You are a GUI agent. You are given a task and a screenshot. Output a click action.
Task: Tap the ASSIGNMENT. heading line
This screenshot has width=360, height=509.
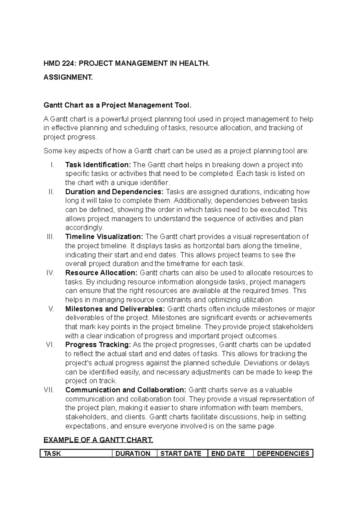coord(68,78)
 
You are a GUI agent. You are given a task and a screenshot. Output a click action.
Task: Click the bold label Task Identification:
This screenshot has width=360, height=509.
coord(98,165)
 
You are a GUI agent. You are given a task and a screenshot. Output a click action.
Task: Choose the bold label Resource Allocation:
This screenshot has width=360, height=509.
coord(101,273)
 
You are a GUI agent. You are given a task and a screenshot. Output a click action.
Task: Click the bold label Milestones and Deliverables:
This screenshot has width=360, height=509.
coord(115,309)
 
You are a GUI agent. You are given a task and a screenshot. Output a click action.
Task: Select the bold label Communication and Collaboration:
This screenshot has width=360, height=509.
coord(126,390)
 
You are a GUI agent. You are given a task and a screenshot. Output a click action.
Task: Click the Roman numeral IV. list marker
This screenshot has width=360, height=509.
coord(50,273)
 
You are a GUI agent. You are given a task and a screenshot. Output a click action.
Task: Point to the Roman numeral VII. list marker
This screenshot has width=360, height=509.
coord(49,390)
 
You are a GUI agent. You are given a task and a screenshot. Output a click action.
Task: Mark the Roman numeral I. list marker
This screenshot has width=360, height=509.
coord(53,165)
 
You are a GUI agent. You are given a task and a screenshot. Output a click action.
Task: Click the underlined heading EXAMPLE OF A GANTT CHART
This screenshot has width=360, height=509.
coord(98,440)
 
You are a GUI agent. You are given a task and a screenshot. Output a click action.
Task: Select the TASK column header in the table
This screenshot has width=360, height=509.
coord(52,454)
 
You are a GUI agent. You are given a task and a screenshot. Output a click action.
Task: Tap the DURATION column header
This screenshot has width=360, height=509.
coord(133,454)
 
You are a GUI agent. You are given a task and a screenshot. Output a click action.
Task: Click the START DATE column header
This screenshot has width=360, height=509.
coord(181,454)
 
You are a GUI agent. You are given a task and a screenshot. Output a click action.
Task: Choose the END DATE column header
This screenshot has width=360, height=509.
coord(228,454)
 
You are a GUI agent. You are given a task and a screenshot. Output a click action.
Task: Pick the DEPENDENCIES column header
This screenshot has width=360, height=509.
coord(283,454)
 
